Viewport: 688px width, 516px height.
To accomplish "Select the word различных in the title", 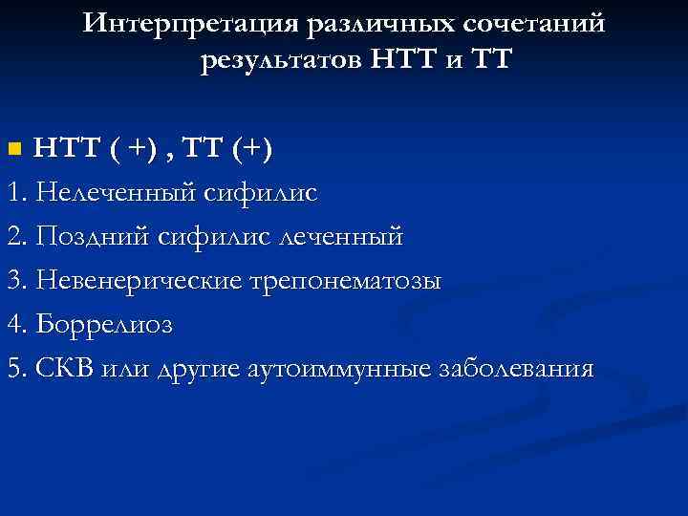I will pos(355,23).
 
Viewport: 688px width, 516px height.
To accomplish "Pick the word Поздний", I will pos(92,236).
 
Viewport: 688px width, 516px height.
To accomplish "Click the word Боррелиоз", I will pos(104,324).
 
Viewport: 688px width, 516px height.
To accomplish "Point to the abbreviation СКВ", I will pos(58,368).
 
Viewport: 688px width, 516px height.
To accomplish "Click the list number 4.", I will pos(13,324).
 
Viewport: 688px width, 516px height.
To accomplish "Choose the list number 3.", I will pos(13,280).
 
